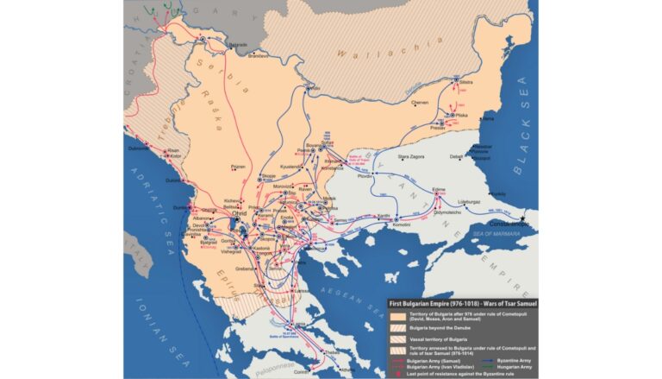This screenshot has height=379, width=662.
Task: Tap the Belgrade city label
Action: tap(238, 45)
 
